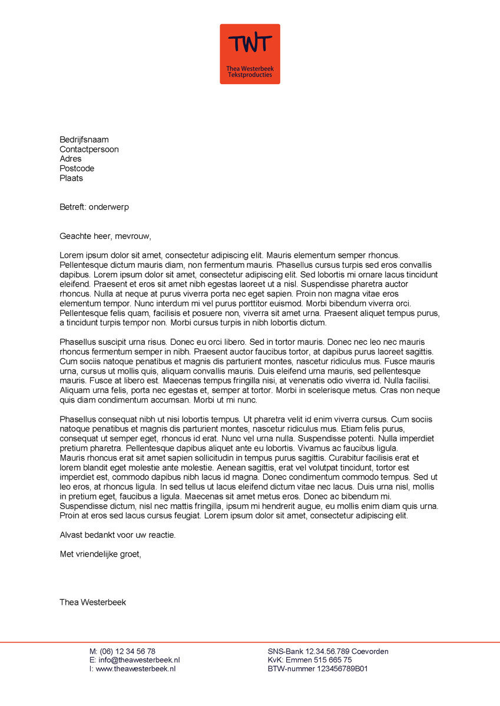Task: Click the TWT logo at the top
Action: (250, 54)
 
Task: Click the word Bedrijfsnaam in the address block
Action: (84, 140)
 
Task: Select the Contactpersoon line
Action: (89, 149)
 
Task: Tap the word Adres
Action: (71, 159)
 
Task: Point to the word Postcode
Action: (77, 168)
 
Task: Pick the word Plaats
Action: (71, 178)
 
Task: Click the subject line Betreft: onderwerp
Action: (94, 207)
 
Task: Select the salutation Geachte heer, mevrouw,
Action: (105, 237)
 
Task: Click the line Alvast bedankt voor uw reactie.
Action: (118, 535)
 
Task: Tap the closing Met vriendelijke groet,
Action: (101, 554)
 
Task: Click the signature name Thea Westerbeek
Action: (92, 602)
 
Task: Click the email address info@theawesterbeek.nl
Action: (139, 660)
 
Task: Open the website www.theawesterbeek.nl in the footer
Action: (135, 669)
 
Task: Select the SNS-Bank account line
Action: (328, 651)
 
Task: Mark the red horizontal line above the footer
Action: (250, 642)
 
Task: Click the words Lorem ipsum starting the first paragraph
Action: (82, 255)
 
